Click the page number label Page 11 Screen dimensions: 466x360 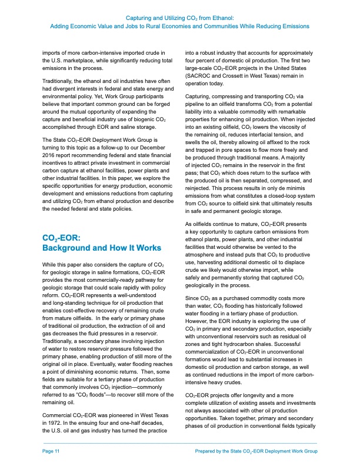pos(52,450)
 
